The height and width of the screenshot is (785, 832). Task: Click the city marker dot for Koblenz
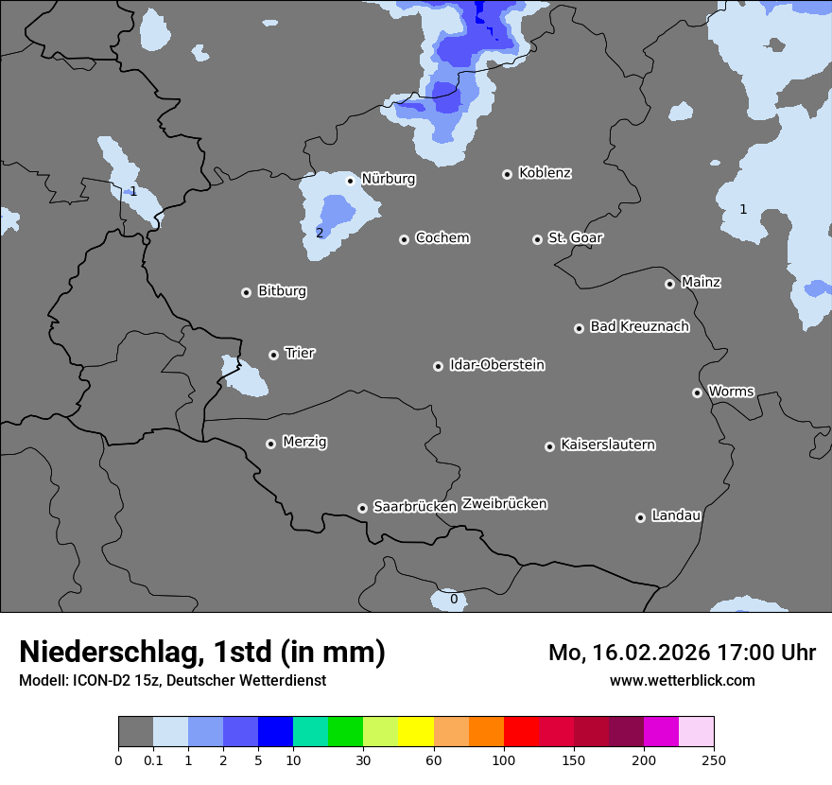(x=508, y=174)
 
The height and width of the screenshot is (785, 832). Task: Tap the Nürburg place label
(x=388, y=179)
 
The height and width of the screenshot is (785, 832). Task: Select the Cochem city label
(x=442, y=238)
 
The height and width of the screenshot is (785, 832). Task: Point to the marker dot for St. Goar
(x=538, y=239)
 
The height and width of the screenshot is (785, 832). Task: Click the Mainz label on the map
(x=701, y=282)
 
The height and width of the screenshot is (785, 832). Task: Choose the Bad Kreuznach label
(x=639, y=326)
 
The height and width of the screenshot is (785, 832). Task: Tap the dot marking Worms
(x=698, y=392)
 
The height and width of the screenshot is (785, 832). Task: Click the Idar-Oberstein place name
(x=496, y=365)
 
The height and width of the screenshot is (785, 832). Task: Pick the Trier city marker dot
(x=274, y=355)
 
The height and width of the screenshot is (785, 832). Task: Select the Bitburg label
(x=282, y=291)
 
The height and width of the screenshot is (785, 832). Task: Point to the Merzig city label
(x=304, y=442)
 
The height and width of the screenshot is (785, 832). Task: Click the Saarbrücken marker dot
(x=362, y=508)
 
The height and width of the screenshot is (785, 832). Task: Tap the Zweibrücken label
(x=504, y=503)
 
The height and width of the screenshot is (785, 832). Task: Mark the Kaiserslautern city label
(x=607, y=445)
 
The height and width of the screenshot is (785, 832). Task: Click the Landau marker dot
(x=641, y=517)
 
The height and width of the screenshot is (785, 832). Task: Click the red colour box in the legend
(x=521, y=732)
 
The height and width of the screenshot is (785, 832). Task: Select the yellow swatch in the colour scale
(x=416, y=732)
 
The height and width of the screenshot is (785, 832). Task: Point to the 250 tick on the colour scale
(x=713, y=759)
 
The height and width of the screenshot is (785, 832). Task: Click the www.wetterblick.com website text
(x=682, y=680)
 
